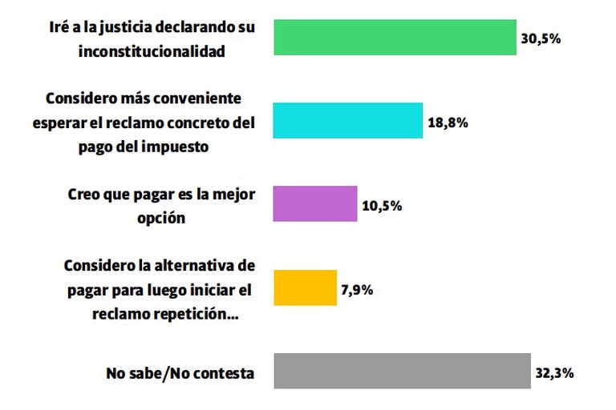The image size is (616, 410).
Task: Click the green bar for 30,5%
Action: [x=395, y=37]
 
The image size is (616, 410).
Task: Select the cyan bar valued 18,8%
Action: [x=348, y=120]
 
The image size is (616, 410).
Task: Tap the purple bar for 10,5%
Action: [x=315, y=203]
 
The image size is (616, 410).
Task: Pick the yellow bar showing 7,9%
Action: [x=305, y=287]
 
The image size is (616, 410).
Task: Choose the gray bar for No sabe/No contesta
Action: [x=402, y=370]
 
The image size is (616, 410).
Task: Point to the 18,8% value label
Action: [x=448, y=123]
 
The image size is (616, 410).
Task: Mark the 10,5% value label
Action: [x=382, y=206]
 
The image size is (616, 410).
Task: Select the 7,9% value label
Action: [x=356, y=289]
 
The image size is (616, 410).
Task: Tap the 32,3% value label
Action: [x=555, y=373]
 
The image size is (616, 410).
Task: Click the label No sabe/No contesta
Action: [x=180, y=373]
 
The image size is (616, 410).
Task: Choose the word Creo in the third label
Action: [x=82, y=194]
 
